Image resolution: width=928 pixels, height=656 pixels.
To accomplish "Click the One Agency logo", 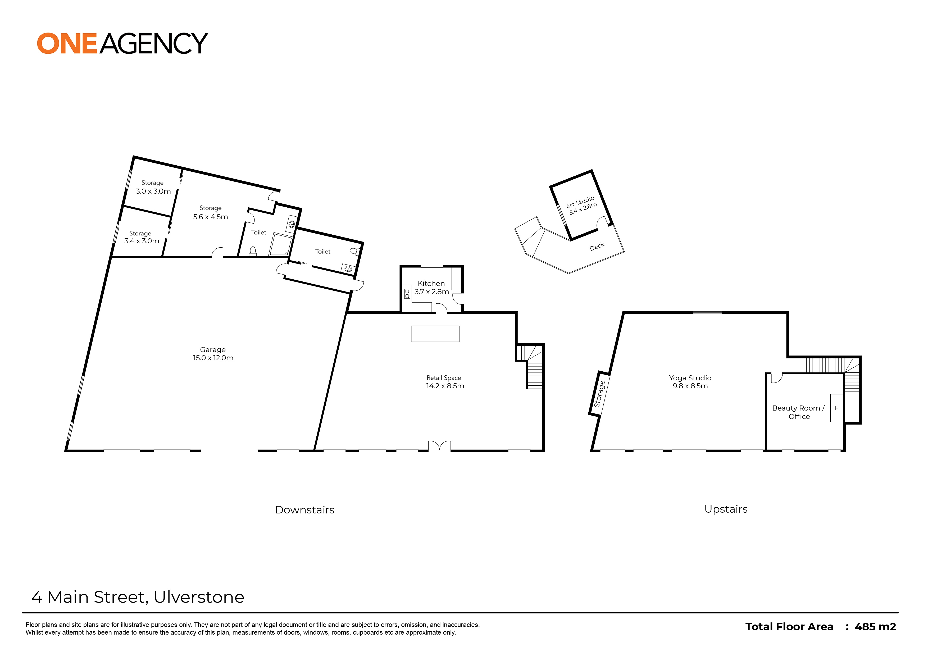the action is [122, 44].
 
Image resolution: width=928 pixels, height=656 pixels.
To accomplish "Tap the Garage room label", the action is [213, 350].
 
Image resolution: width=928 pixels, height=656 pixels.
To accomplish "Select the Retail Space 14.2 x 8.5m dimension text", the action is [445, 386].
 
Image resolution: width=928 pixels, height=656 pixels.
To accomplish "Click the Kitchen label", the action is [431, 284].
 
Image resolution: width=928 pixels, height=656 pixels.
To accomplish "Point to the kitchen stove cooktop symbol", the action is [407, 293].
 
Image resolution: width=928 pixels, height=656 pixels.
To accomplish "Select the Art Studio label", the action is [580, 202].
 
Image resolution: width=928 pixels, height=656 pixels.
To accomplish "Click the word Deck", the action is [597, 247].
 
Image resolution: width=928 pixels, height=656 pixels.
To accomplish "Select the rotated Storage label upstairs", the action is [599, 394].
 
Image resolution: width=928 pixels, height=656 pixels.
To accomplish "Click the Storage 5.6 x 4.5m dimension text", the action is [211, 217].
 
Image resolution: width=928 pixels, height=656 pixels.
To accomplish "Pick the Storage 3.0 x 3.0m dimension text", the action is [153, 191].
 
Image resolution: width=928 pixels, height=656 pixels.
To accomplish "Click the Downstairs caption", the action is [305, 510].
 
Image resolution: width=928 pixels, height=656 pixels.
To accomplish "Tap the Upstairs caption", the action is [726, 509].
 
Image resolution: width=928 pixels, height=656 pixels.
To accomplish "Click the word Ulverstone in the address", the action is [199, 597].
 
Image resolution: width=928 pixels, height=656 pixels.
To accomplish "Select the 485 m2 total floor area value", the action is [875, 627].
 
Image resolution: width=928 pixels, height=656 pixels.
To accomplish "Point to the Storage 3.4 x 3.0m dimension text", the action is [142, 241].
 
